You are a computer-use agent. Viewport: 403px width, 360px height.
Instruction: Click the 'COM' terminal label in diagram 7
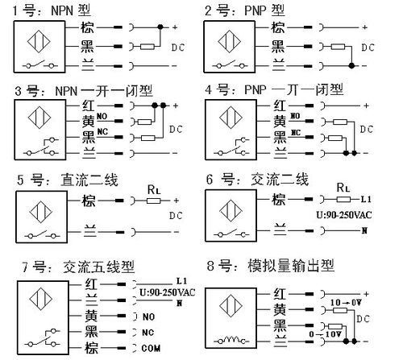(x=148, y=348)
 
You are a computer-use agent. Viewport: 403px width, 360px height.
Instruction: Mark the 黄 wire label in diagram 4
(x=280, y=120)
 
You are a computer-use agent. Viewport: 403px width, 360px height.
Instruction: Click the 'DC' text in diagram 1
(x=181, y=48)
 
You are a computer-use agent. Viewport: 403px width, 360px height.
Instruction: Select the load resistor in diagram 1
(x=146, y=48)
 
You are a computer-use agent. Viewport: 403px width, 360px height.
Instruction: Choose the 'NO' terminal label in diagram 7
(x=147, y=317)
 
